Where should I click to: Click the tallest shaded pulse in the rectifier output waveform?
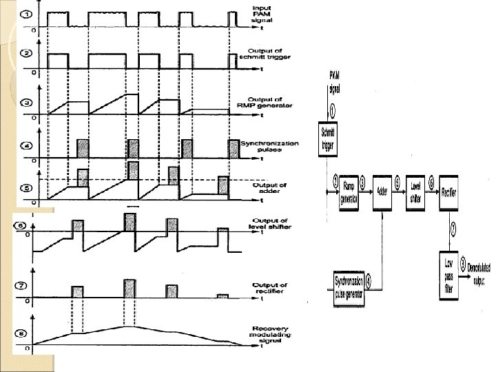click(x=130, y=288)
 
